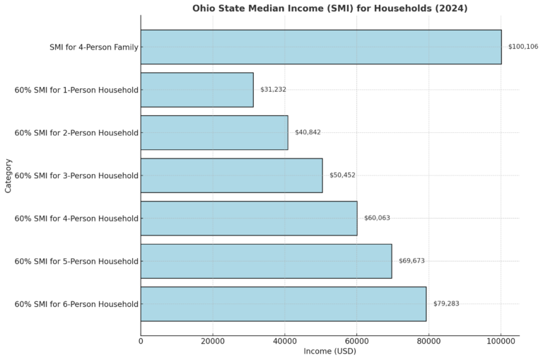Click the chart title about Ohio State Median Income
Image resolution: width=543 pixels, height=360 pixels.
click(329, 8)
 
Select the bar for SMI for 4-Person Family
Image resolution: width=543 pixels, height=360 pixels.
click(321, 47)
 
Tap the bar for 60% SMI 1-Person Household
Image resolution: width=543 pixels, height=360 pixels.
click(197, 90)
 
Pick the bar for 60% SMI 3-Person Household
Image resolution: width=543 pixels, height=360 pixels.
click(231, 175)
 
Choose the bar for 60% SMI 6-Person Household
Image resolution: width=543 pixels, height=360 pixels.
click(283, 304)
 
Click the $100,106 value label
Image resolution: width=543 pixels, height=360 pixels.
click(523, 47)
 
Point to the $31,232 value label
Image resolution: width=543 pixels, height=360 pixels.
click(273, 90)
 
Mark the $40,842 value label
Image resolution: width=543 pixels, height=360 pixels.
click(308, 132)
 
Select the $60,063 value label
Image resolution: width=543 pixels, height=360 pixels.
click(377, 218)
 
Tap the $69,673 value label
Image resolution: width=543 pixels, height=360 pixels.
click(411, 261)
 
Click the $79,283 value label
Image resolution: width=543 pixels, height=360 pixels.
click(446, 304)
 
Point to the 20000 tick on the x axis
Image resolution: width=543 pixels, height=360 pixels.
click(213, 342)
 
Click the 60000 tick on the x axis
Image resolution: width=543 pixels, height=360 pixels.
click(356, 342)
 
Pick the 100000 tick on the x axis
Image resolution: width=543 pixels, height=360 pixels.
click(501, 342)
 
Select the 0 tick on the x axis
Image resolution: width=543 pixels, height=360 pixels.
click(141, 342)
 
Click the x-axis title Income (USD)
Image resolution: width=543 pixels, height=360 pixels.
click(329, 352)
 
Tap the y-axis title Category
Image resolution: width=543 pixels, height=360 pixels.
click(8, 175)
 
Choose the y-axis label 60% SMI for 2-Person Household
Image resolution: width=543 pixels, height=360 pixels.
click(76, 133)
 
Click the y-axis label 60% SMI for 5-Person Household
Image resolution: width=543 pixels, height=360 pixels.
click(76, 262)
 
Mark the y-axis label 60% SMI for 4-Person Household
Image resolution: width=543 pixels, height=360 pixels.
click(76, 219)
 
